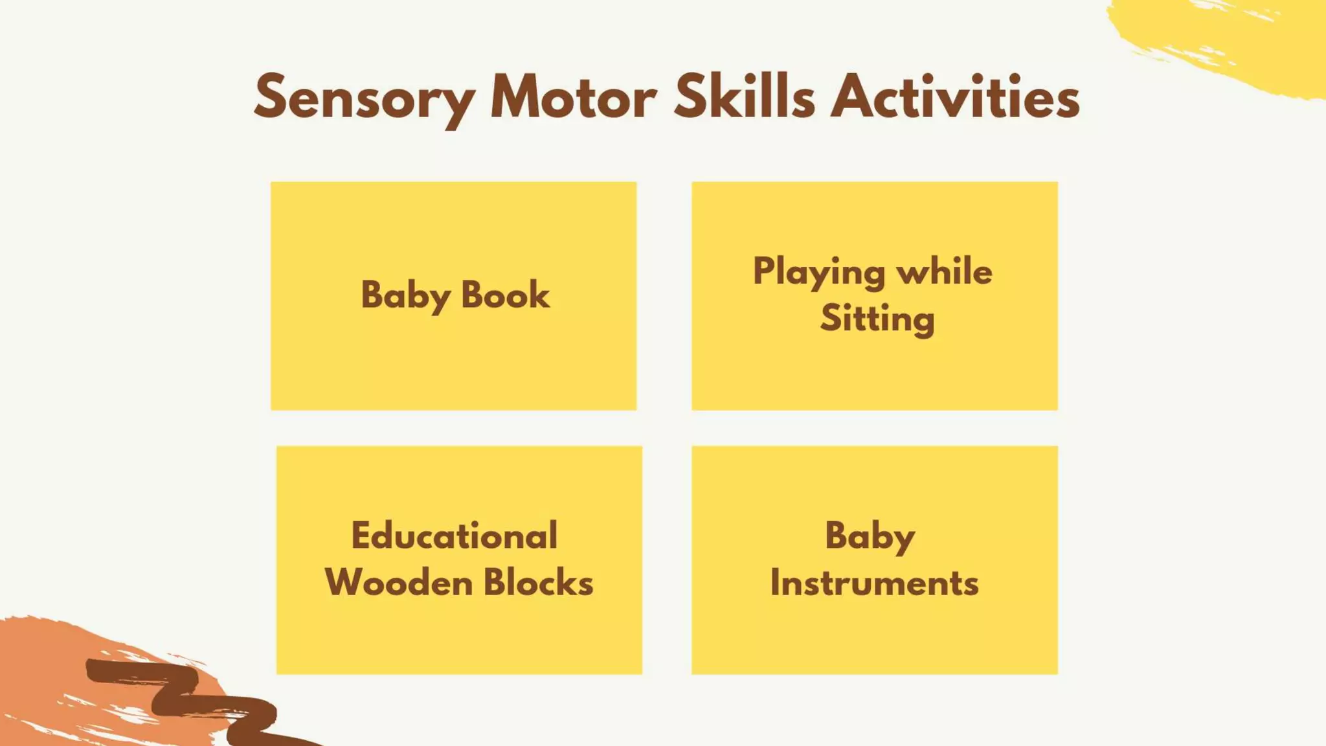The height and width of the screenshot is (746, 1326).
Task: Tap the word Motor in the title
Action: point(573,97)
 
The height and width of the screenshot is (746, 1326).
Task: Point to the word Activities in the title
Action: point(955,97)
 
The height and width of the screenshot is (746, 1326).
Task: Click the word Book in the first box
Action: point(505,295)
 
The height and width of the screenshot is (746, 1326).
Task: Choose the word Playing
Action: point(818,272)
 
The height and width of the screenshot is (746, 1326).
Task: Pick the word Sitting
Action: point(877,319)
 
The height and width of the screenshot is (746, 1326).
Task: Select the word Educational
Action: point(455,536)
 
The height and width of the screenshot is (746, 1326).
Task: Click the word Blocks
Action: point(538,582)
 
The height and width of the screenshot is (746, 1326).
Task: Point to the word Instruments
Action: point(874,582)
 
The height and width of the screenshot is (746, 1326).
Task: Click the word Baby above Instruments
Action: point(870,537)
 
